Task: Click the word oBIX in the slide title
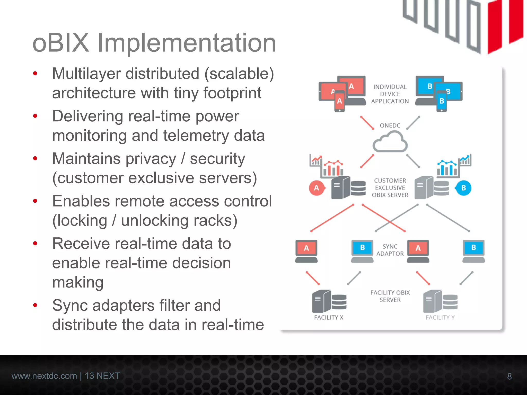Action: click(x=61, y=43)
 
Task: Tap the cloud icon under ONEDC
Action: click(x=390, y=142)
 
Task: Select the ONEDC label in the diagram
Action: click(x=390, y=125)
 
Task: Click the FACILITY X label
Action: click(x=329, y=318)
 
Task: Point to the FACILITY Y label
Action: click(x=440, y=318)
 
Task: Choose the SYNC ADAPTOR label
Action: click(x=390, y=250)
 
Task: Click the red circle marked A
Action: click(x=317, y=188)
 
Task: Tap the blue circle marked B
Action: click(x=463, y=188)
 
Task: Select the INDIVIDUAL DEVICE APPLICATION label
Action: click(x=390, y=94)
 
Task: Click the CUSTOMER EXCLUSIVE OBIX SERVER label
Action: click(x=390, y=188)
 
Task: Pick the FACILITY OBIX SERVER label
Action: click(x=390, y=296)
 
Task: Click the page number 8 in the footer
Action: click(x=509, y=376)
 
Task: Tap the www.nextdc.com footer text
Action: click(x=44, y=376)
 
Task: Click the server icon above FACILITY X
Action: click(x=329, y=301)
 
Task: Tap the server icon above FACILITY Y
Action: click(x=440, y=301)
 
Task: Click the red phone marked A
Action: click(x=339, y=101)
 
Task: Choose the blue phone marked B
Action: click(x=442, y=101)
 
